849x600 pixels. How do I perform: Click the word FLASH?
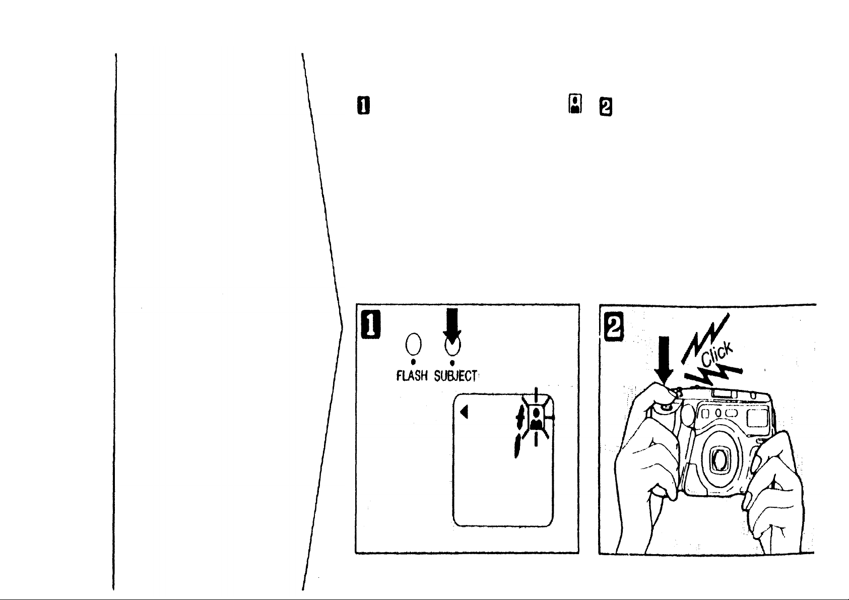point(413,376)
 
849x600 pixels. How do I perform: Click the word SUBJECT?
point(456,376)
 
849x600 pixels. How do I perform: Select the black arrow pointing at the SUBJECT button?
point(452,325)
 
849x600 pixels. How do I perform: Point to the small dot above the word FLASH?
point(413,362)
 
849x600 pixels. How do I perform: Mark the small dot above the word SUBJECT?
point(452,362)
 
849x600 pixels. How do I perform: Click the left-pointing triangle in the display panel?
point(464,412)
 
